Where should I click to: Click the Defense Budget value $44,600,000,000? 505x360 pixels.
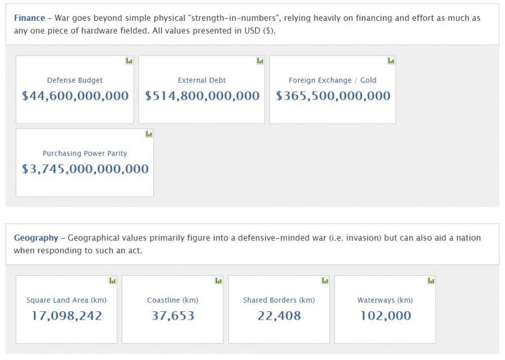coord(75,96)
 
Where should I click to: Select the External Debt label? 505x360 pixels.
coord(201,80)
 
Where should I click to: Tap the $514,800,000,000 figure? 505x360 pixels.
coord(202,96)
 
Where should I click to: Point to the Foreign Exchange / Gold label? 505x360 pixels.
coord(332,80)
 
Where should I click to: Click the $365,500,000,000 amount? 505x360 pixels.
coord(333,96)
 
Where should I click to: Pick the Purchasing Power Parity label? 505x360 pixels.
coord(85,153)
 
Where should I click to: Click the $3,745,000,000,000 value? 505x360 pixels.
coord(85,169)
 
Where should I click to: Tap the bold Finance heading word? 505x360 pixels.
coord(29,18)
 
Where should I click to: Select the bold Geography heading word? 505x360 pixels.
coord(36,238)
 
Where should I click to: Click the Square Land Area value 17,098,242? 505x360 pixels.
coord(66,316)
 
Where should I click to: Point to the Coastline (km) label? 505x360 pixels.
coord(172,300)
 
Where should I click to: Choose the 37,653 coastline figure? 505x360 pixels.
coord(172,316)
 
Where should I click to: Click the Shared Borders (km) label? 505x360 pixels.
coord(279,300)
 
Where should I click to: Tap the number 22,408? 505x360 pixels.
coord(279,316)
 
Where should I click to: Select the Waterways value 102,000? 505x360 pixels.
coord(385,316)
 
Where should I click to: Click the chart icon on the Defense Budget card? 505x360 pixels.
coord(129,61)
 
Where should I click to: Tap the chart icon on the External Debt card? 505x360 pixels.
coord(260,61)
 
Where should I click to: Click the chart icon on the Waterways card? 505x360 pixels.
coord(431,280)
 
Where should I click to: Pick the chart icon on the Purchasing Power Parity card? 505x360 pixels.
coord(149,134)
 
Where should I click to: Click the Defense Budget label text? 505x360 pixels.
coord(75,80)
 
